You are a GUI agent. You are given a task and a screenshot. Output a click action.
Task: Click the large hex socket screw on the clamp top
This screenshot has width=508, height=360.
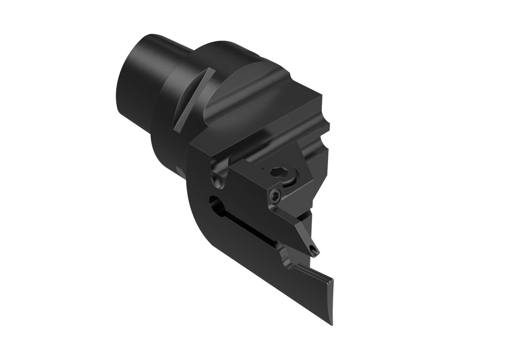279,173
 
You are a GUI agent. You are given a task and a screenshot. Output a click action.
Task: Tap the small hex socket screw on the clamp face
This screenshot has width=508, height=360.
274,196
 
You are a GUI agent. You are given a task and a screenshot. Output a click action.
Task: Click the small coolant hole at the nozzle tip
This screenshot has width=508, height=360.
313,250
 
